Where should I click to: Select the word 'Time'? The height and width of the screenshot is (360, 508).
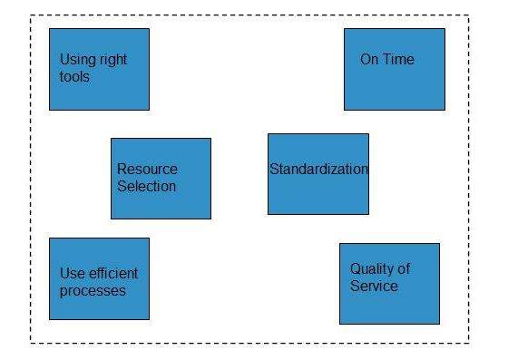400,60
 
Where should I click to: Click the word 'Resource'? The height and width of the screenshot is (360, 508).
147,169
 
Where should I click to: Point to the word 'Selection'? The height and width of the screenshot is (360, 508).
146,186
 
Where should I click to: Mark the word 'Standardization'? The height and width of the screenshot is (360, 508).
318,169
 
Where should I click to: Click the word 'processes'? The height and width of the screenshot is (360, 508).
93,290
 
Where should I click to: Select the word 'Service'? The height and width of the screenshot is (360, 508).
374,286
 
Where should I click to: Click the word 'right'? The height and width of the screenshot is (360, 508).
113,60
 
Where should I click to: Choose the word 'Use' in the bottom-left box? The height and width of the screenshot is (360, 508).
73,273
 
